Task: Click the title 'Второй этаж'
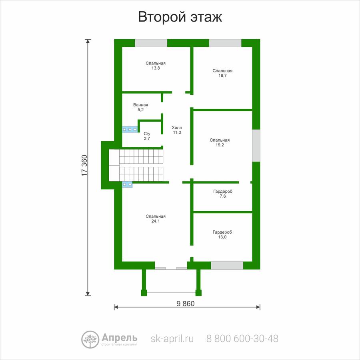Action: pos(180,17)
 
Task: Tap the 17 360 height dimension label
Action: pos(85,166)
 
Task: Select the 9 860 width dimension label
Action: pos(186,304)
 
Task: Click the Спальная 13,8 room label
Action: pos(156,66)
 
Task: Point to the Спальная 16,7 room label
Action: pos(222,73)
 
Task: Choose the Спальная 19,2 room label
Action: pos(220,142)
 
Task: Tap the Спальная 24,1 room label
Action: pos(156,219)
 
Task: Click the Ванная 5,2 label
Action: pos(141,107)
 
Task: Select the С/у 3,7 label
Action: pos(147,136)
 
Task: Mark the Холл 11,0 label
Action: pos(177,130)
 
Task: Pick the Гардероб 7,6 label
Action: pos(223,194)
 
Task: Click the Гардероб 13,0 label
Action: pos(222,234)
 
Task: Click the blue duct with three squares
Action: pos(130,130)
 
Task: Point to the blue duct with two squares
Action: pos(127,184)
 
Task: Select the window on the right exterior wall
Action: pos(256,146)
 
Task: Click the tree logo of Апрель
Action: pos(90,339)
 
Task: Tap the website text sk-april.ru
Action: pos(172,339)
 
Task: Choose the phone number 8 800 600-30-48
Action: pos(242,338)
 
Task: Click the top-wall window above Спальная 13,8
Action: pos(151,43)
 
